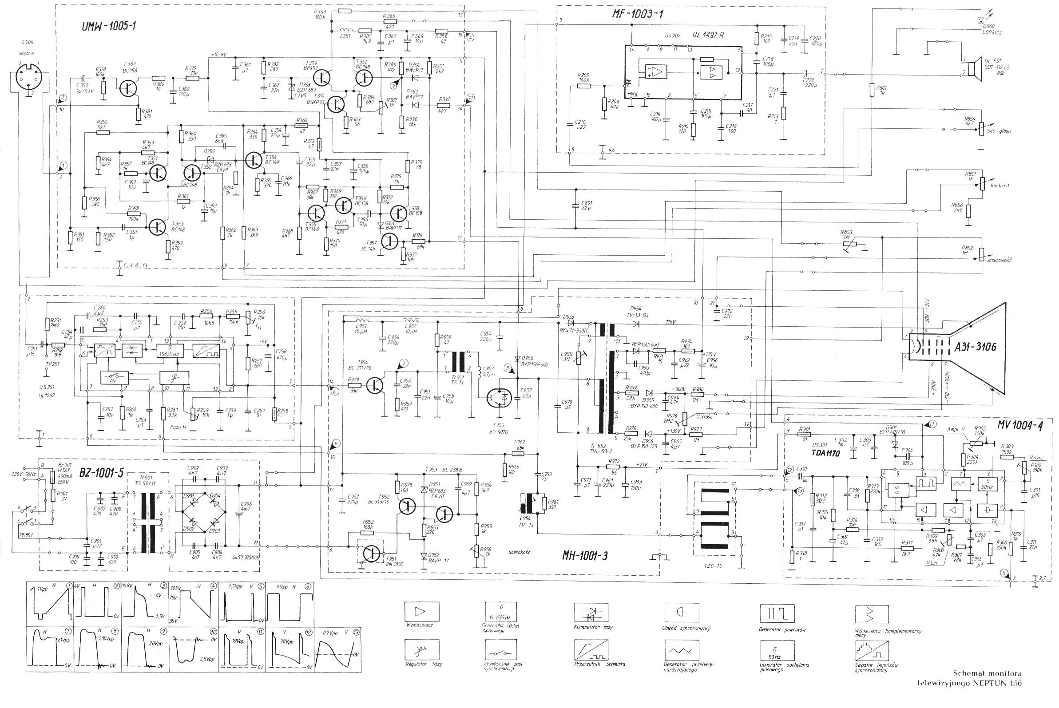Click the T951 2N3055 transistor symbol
point(371,553)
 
